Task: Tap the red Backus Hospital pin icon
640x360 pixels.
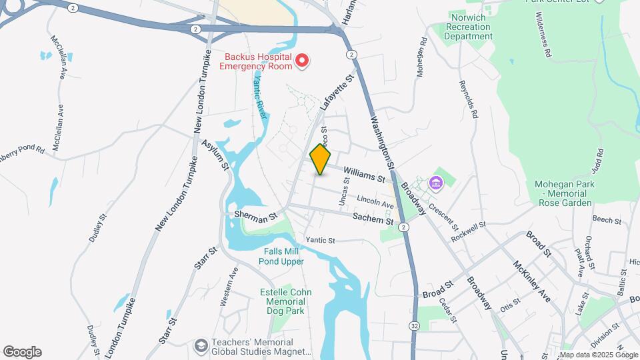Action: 302,61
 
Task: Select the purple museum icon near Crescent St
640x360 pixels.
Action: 436,182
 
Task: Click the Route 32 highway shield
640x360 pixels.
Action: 415,326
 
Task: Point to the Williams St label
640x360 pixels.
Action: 365,175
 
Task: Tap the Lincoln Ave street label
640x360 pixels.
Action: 375,201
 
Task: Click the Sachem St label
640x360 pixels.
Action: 373,219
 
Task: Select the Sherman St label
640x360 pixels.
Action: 255,217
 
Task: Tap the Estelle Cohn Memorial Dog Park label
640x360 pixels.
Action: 285,301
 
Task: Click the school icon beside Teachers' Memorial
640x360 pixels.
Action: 200,345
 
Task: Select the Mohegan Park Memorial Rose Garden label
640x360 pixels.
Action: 563,193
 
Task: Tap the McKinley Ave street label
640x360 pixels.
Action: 531,281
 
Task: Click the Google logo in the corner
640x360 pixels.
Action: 22,352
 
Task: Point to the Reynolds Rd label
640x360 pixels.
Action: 468,99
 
